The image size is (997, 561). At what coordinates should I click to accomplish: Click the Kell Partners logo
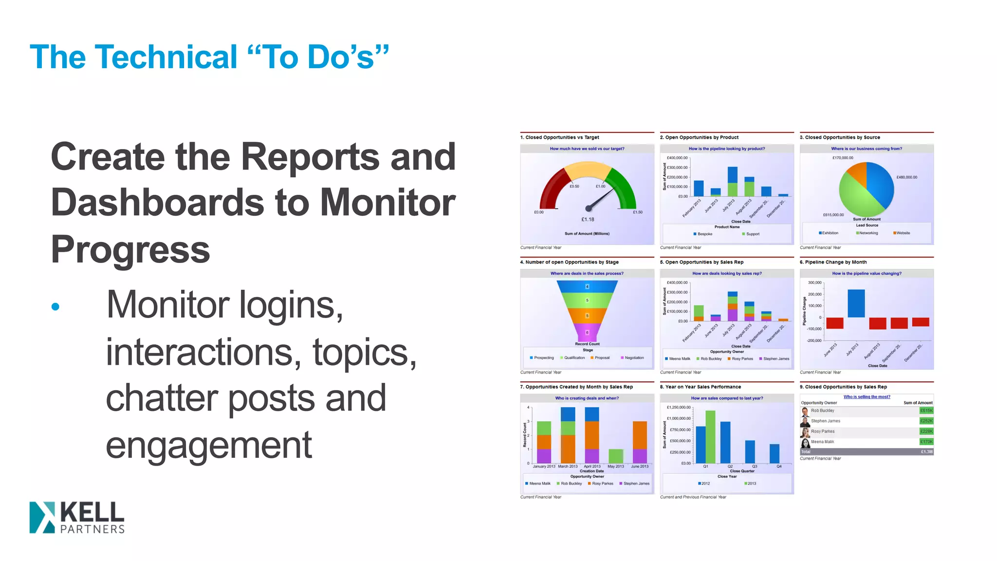click(77, 517)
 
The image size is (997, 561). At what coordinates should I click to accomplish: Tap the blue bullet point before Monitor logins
click(55, 306)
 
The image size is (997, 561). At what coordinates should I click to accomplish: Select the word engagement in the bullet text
click(208, 445)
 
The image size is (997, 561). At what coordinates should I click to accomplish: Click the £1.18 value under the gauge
click(588, 220)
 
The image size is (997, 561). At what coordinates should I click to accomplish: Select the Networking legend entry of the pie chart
click(868, 233)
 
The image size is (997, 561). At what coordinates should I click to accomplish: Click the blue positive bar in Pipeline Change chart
click(856, 303)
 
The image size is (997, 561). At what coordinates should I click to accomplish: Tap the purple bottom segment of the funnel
click(587, 333)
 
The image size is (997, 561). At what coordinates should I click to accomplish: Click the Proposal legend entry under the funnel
click(602, 358)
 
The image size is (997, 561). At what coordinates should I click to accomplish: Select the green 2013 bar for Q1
click(710, 436)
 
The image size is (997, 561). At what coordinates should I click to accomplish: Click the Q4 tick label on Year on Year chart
click(779, 467)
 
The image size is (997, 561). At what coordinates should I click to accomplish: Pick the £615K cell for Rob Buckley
click(926, 411)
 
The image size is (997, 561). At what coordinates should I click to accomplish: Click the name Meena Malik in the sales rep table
click(822, 442)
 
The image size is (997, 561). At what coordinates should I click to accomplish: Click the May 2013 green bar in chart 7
click(616, 456)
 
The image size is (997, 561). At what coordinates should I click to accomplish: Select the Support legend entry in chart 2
click(752, 234)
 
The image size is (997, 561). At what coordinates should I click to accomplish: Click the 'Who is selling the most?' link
click(867, 397)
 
